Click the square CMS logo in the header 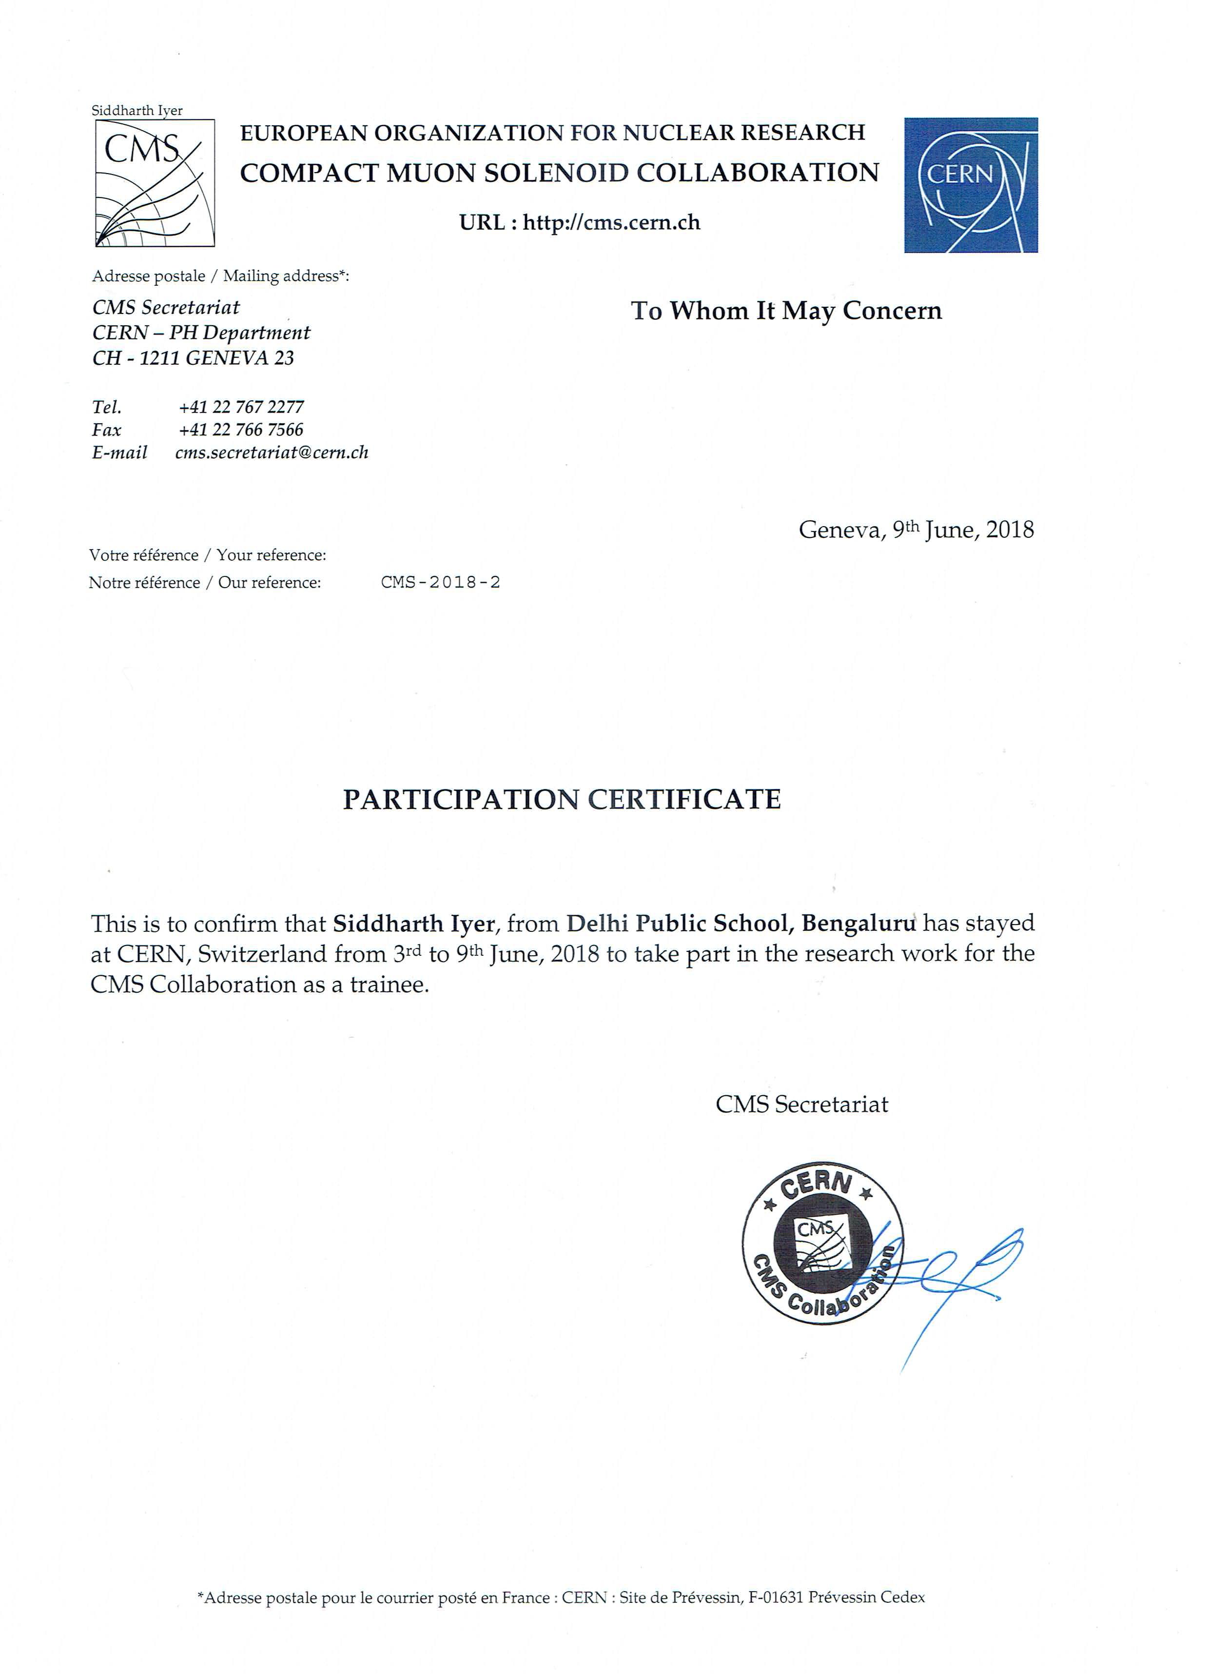coord(155,183)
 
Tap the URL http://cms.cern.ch coord(611,222)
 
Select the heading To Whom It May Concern coord(786,311)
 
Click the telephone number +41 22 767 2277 coord(241,407)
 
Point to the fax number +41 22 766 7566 coord(241,430)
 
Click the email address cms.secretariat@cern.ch coord(272,453)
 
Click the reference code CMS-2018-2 coord(441,582)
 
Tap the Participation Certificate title coord(562,799)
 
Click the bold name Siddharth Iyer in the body coord(413,924)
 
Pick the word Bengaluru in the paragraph coord(858,924)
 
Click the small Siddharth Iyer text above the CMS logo coord(137,111)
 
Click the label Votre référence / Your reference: coord(207,555)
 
